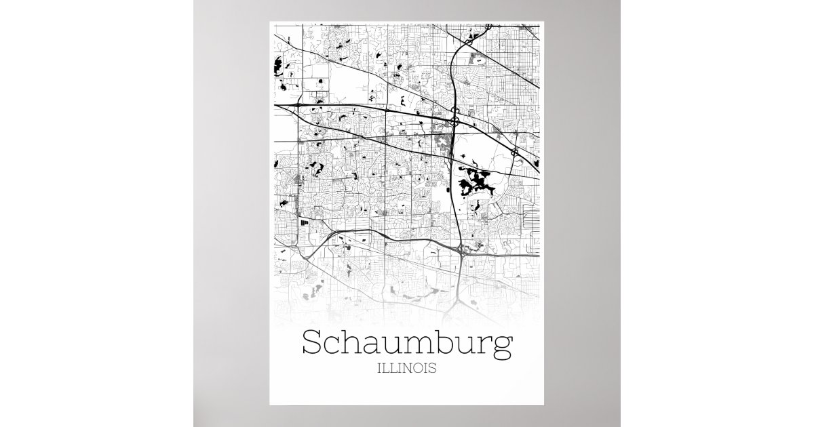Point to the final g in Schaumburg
pyautogui.click(x=503, y=347)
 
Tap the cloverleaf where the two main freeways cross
pyautogui.click(x=454, y=121)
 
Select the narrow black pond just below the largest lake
pyautogui.click(x=471, y=203)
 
